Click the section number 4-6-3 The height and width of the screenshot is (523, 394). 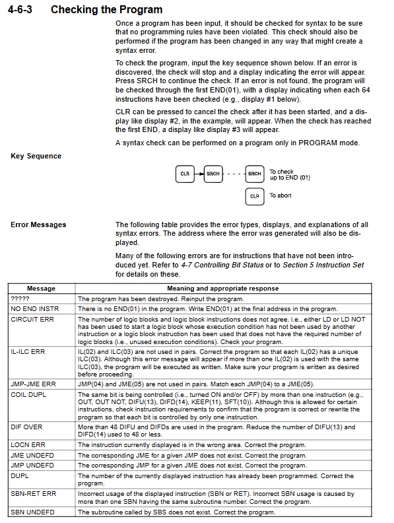20,9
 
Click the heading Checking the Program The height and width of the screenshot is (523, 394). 107,10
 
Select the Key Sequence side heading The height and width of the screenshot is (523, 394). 36,156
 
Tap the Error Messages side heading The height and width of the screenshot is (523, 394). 38,225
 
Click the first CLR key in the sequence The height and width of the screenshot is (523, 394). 185,174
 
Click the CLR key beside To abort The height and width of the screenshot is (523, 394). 255,196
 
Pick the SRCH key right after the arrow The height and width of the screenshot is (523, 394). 213,174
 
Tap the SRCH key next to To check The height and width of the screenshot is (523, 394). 255,174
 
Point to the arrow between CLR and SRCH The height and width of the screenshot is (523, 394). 199,174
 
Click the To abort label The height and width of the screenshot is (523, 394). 280,195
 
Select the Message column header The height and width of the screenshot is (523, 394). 42,289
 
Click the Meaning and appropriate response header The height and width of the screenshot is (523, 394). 223,289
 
